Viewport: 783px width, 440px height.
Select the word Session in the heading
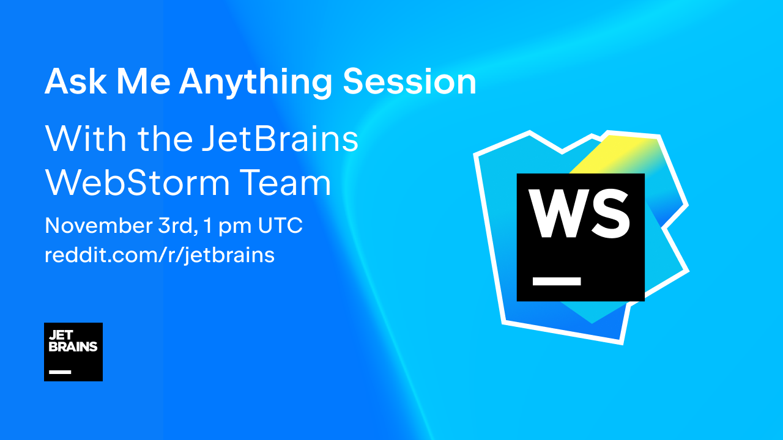tap(409, 81)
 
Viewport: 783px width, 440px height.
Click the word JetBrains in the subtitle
tap(280, 139)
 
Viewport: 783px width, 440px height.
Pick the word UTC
tap(280, 226)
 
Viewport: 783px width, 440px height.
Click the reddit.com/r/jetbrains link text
tap(160, 254)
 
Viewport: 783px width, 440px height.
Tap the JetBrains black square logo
tap(73, 352)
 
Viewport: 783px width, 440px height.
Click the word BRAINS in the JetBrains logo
tap(73, 347)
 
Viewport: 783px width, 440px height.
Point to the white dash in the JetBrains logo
tap(60, 372)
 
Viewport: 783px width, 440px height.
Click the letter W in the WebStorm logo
tap(553, 213)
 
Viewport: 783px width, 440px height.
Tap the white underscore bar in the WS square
tap(557, 281)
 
